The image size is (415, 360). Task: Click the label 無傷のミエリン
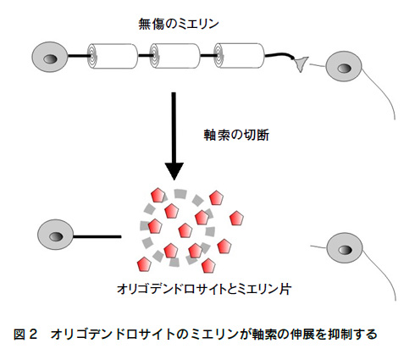pyautogui.click(x=179, y=24)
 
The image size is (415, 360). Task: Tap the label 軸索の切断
pyautogui.click(x=236, y=135)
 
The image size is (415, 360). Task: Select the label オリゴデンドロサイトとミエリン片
pyautogui.click(x=204, y=289)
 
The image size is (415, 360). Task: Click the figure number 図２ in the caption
pyautogui.click(x=25, y=335)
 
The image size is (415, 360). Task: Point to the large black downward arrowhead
pyautogui.click(x=174, y=171)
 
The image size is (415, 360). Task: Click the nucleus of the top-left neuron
pyautogui.click(x=50, y=59)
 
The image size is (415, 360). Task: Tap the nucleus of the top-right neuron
pyautogui.click(x=345, y=69)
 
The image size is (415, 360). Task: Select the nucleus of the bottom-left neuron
pyautogui.click(x=56, y=236)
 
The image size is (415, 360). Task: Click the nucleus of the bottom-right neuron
pyautogui.click(x=345, y=250)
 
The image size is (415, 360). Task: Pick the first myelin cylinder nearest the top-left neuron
pyautogui.click(x=113, y=56)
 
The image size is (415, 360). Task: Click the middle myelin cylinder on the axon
pyautogui.click(x=174, y=56)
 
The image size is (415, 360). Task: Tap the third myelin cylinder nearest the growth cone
pyautogui.click(x=239, y=56)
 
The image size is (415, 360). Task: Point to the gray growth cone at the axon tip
pyautogui.click(x=300, y=64)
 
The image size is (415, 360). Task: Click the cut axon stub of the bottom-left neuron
pyautogui.click(x=97, y=236)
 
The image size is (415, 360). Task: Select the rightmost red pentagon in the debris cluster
pyautogui.click(x=236, y=219)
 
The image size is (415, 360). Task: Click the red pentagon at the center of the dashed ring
pyautogui.click(x=185, y=230)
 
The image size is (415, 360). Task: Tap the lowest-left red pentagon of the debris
pyautogui.click(x=144, y=264)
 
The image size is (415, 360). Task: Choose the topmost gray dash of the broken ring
pyautogui.click(x=180, y=194)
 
